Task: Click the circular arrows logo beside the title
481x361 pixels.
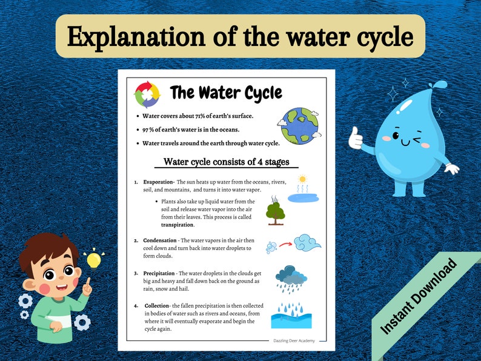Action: pos(147,94)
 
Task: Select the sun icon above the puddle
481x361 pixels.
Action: pos(302,179)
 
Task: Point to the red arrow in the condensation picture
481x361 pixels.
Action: pos(286,245)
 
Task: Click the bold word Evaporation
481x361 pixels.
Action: pos(158,182)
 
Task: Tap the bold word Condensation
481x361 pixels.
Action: pos(161,240)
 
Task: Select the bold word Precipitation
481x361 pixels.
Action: pos(159,274)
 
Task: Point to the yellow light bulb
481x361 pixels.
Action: pos(93,260)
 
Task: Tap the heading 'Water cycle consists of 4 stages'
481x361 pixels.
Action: pos(227,162)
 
